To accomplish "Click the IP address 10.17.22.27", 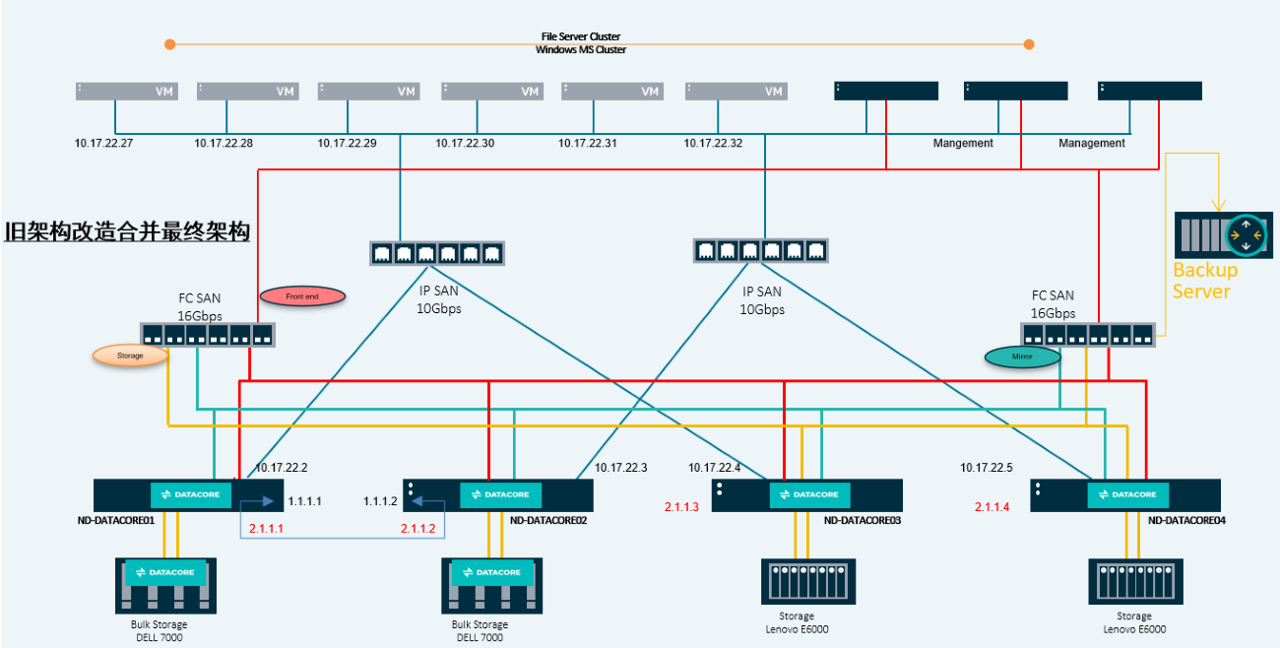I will tap(104, 144).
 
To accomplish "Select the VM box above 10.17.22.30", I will tap(491, 91).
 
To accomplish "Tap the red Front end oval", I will tap(302, 295).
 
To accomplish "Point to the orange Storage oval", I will tap(130, 356).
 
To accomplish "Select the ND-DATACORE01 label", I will tap(117, 519).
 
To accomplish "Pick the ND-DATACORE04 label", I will tap(1184, 519).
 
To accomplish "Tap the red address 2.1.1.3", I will tap(681, 507).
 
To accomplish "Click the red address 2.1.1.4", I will tap(992, 507).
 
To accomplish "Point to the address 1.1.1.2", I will tap(380, 501).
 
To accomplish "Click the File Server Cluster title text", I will tap(580, 36).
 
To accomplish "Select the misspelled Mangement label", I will tap(963, 144).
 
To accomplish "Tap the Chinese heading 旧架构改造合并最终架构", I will tap(127, 233).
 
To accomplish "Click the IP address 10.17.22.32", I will tap(713, 144).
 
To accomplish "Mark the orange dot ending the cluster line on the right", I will tap(1029, 43).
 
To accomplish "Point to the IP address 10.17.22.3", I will tap(621, 468).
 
